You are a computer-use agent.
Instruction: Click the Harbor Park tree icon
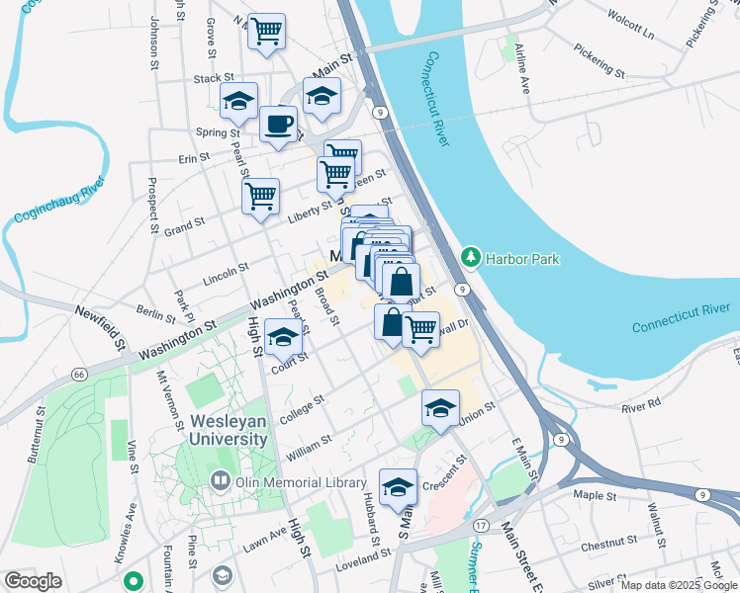pyautogui.click(x=471, y=258)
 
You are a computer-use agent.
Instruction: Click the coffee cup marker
pyautogui.click(x=278, y=125)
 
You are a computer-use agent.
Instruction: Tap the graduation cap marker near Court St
pyautogui.click(x=284, y=338)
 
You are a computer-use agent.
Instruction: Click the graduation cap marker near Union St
pyautogui.click(x=441, y=407)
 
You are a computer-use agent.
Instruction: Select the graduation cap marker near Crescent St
pyautogui.click(x=399, y=487)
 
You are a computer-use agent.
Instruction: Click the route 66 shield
pyautogui.click(x=78, y=375)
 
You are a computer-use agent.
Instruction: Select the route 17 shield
pyautogui.click(x=481, y=524)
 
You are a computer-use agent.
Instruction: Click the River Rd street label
pyautogui.click(x=640, y=406)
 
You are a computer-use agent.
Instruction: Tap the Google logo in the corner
pyautogui.click(x=33, y=581)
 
